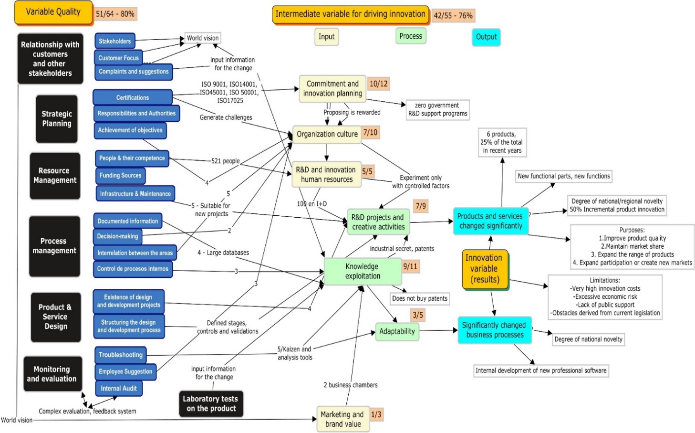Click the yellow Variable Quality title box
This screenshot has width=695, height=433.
(53, 12)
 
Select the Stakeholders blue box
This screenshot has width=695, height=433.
(114, 41)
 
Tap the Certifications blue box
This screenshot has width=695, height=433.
(132, 97)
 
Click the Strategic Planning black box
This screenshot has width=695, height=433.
(57, 119)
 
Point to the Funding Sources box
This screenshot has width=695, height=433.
(120, 175)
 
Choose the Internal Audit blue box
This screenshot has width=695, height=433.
(118, 388)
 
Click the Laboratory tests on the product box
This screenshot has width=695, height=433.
(211, 403)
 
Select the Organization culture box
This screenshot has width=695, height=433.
(327, 134)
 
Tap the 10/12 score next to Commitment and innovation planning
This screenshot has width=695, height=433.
(379, 84)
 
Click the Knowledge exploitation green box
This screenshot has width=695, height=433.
(363, 271)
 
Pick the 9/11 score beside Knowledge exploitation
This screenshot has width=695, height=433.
(410, 266)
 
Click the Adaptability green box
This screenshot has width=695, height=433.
(397, 331)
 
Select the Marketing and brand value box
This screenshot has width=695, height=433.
(342, 419)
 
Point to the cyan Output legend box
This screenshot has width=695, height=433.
(486, 37)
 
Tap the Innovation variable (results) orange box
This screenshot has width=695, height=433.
(484, 269)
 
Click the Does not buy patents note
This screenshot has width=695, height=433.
(420, 298)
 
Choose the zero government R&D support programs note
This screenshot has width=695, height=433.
(437, 109)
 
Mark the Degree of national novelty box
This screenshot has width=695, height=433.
(588, 339)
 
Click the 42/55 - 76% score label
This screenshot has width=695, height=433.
(453, 15)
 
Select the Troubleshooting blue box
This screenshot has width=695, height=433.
(120, 355)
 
